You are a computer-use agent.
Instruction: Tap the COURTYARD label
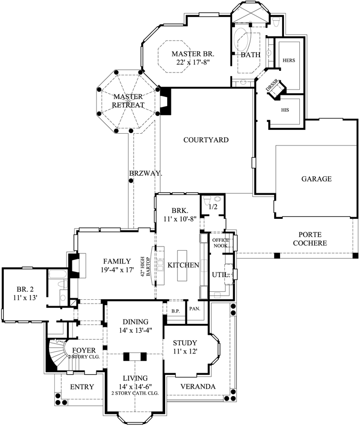tap(206, 141)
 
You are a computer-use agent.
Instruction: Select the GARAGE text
tap(316, 179)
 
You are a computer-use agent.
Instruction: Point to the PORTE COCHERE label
tap(313, 239)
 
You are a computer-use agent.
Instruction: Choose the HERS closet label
tap(289, 60)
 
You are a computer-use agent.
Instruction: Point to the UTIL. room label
tap(221, 275)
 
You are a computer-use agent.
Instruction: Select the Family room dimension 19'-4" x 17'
tap(117, 271)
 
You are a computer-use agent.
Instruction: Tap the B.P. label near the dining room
tap(174, 310)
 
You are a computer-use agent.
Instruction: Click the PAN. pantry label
tap(194, 309)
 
